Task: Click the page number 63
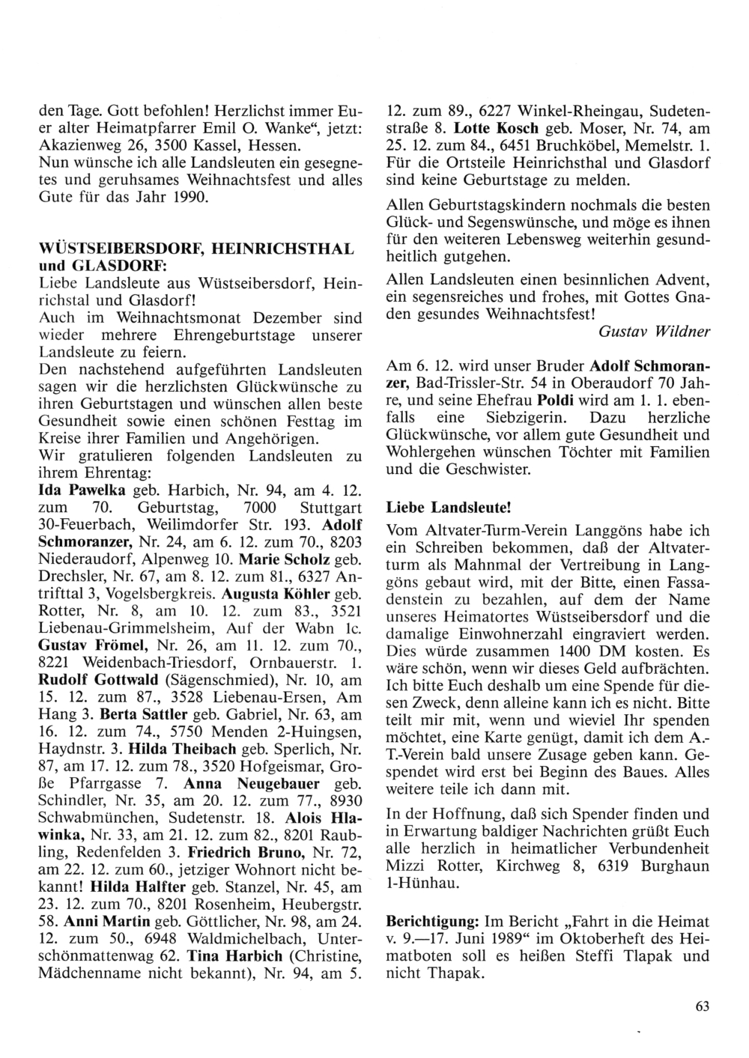point(702,1006)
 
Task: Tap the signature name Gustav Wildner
point(654,330)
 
